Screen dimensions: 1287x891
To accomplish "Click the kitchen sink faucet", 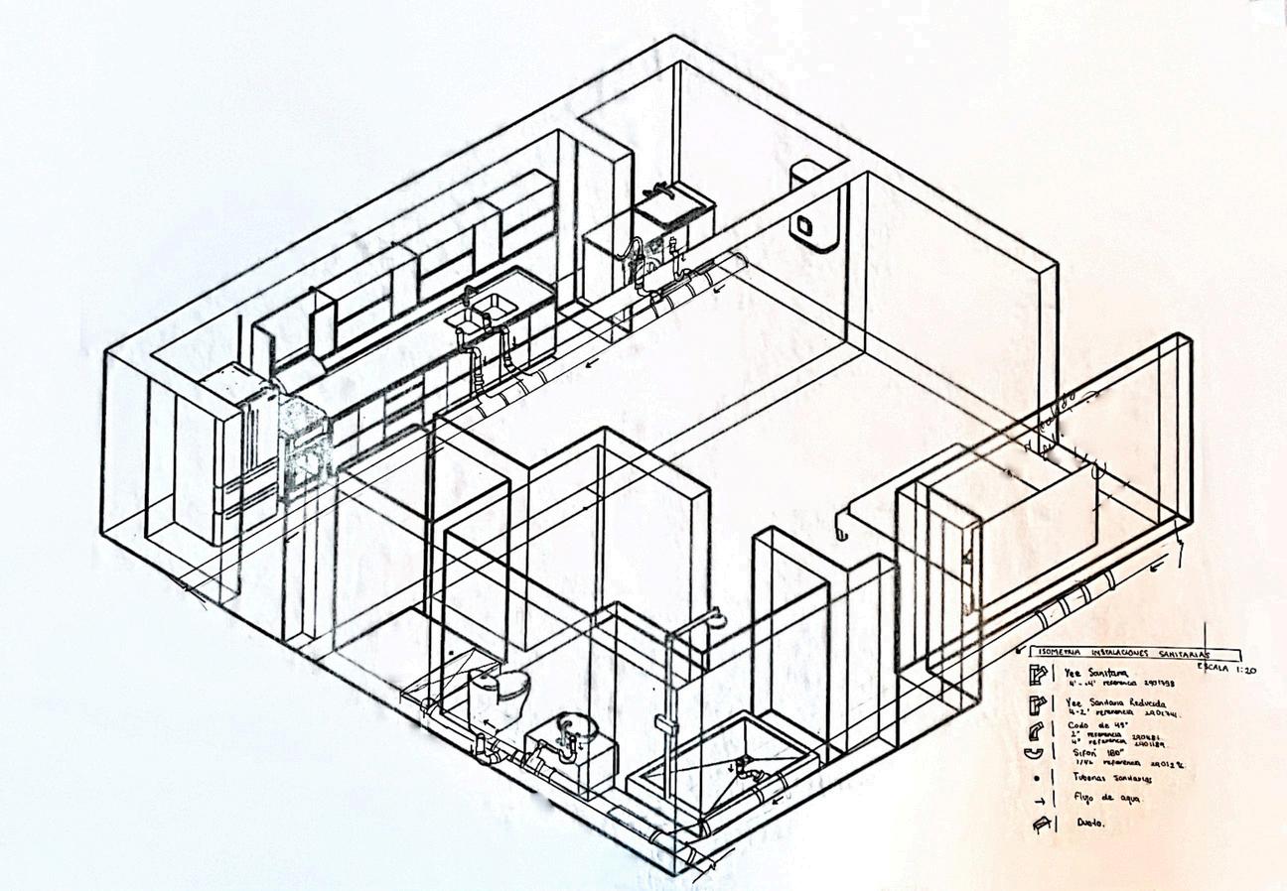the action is click(x=470, y=292).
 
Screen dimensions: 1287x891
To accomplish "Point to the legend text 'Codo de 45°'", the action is click(x=1087, y=725).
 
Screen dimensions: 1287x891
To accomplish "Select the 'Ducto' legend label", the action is click(x=1089, y=823).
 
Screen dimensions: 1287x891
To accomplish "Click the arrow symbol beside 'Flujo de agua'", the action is click(x=1039, y=799).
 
